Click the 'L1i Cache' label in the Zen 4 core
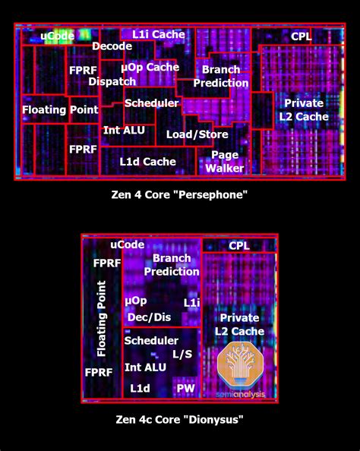click(x=159, y=34)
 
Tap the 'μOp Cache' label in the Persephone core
click(x=150, y=68)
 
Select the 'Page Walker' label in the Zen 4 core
click(x=225, y=162)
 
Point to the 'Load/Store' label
click(x=197, y=134)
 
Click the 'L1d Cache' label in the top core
click(x=147, y=162)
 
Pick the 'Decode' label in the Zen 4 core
click(x=112, y=46)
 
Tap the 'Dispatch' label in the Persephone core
click(x=112, y=82)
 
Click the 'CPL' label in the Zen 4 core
click(x=301, y=36)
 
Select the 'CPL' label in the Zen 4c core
click(x=239, y=246)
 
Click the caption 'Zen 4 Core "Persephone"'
click(x=179, y=194)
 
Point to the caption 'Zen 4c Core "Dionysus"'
click(x=179, y=419)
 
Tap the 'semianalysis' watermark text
click(x=240, y=394)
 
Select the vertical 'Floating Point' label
click(x=101, y=319)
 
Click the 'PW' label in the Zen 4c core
click(x=185, y=388)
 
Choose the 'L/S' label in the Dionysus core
click(x=182, y=354)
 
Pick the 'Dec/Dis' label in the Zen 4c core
click(x=149, y=317)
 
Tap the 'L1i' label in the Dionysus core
click(x=191, y=303)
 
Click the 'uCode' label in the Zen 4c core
click(x=128, y=244)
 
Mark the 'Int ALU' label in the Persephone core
click(x=124, y=131)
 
